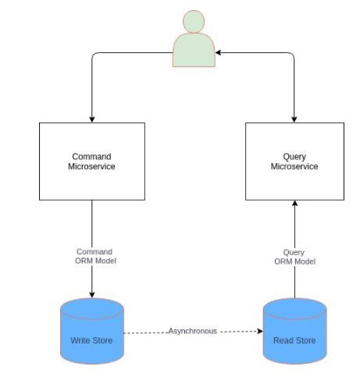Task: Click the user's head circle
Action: tap(194, 21)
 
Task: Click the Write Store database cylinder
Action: tap(92, 331)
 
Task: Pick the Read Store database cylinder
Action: tap(294, 331)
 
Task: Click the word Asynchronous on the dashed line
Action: tap(192, 331)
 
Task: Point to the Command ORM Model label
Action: tap(95, 256)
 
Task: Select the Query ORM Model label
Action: tap(294, 257)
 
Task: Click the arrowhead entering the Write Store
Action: tap(92, 294)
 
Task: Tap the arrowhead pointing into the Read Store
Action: tap(260, 331)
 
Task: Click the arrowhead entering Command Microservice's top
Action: tap(92, 119)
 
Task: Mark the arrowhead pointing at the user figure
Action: tap(219, 52)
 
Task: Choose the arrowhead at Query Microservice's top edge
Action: tap(294, 119)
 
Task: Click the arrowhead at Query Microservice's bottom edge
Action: tap(294, 204)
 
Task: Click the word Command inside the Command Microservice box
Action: tap(91, 156)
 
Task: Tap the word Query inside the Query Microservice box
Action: tap(294, 157)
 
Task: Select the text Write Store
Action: tap(91, 340)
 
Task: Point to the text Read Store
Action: tap(294, 340)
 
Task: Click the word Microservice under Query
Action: tap(294, 166)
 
